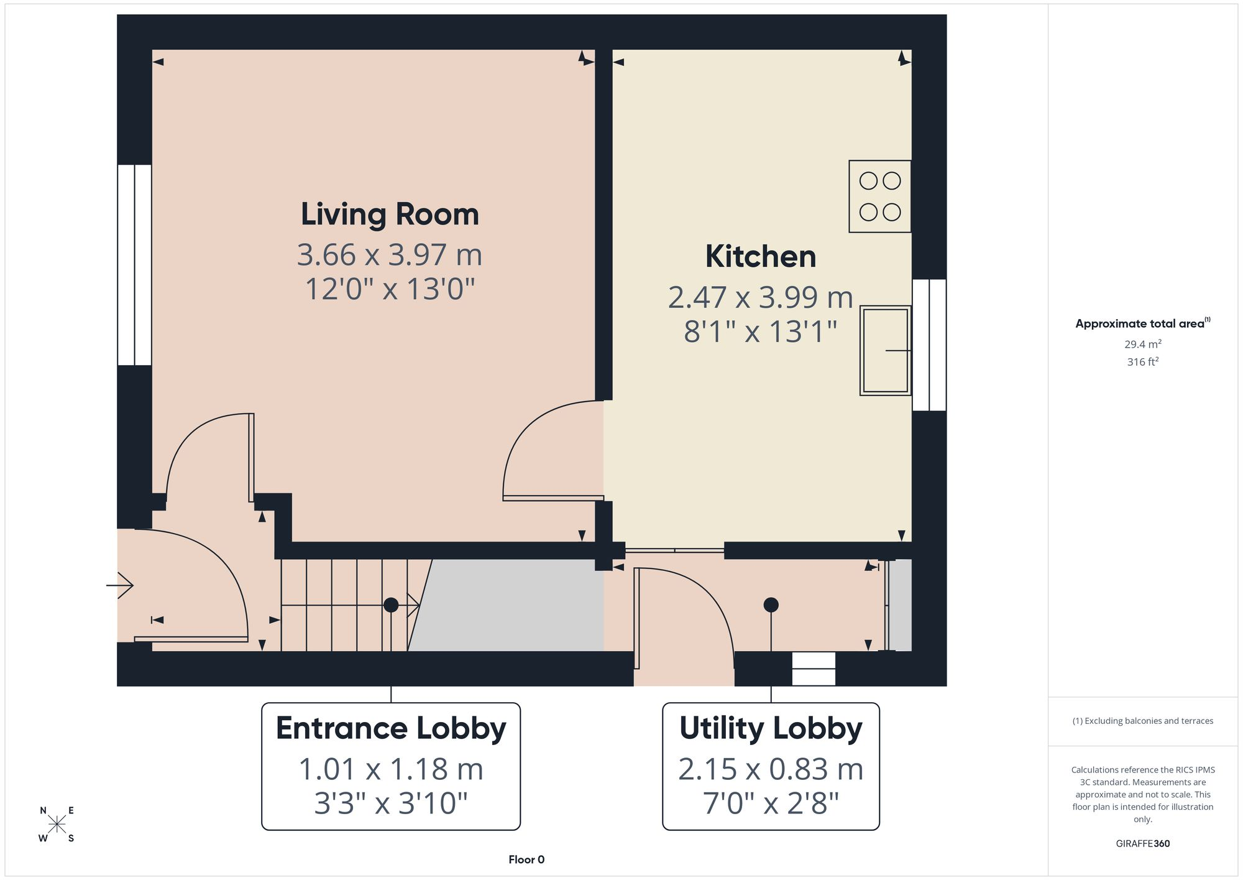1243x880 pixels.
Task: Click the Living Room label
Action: tap(390, 215)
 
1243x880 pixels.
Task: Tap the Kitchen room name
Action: tap(761, 256)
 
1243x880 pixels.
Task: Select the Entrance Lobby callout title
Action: tap(391, 728)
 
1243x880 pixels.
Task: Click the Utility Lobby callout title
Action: tap(771, 728)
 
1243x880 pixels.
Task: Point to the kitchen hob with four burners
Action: tap(880, 197)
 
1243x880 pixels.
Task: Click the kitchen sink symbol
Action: tap(886, 351)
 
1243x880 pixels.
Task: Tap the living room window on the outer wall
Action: tap(134, 265)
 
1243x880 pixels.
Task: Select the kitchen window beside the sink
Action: tap(929, 345)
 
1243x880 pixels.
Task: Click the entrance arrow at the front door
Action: tap(120, 585)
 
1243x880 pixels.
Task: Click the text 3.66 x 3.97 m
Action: tap(390, 255)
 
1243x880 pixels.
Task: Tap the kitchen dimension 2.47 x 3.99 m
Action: tap(761, 297)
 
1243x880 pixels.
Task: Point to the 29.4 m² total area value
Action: tap(1143, 344)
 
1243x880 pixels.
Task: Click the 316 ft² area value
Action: tap(1143, 361)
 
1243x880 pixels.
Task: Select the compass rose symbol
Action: tap(57, 825)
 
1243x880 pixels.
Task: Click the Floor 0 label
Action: tap(526, 859)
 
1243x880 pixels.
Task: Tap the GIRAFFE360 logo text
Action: tap(1143, 844)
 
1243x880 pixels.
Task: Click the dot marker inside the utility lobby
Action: tap(771, 604)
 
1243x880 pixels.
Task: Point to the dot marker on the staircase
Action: tap(391, 604)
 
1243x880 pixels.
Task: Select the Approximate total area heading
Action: tap(1143, 323)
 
